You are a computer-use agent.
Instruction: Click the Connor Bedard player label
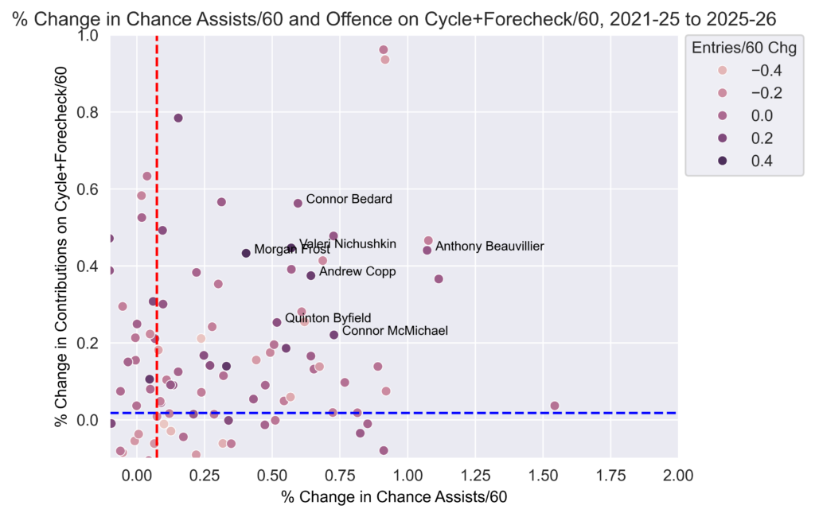(349, 199)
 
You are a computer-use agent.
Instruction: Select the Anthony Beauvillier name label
(489, 247)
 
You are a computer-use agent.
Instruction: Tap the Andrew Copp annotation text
(357, 272)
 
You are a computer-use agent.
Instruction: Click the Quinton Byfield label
(328, 318)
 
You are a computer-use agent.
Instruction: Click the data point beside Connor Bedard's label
(298, 203)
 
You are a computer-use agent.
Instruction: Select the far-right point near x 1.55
(555, 406)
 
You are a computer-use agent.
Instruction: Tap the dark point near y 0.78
(178, 119)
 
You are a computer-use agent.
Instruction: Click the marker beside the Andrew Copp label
(311, 275)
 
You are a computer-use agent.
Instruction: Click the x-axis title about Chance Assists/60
(394, 498)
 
